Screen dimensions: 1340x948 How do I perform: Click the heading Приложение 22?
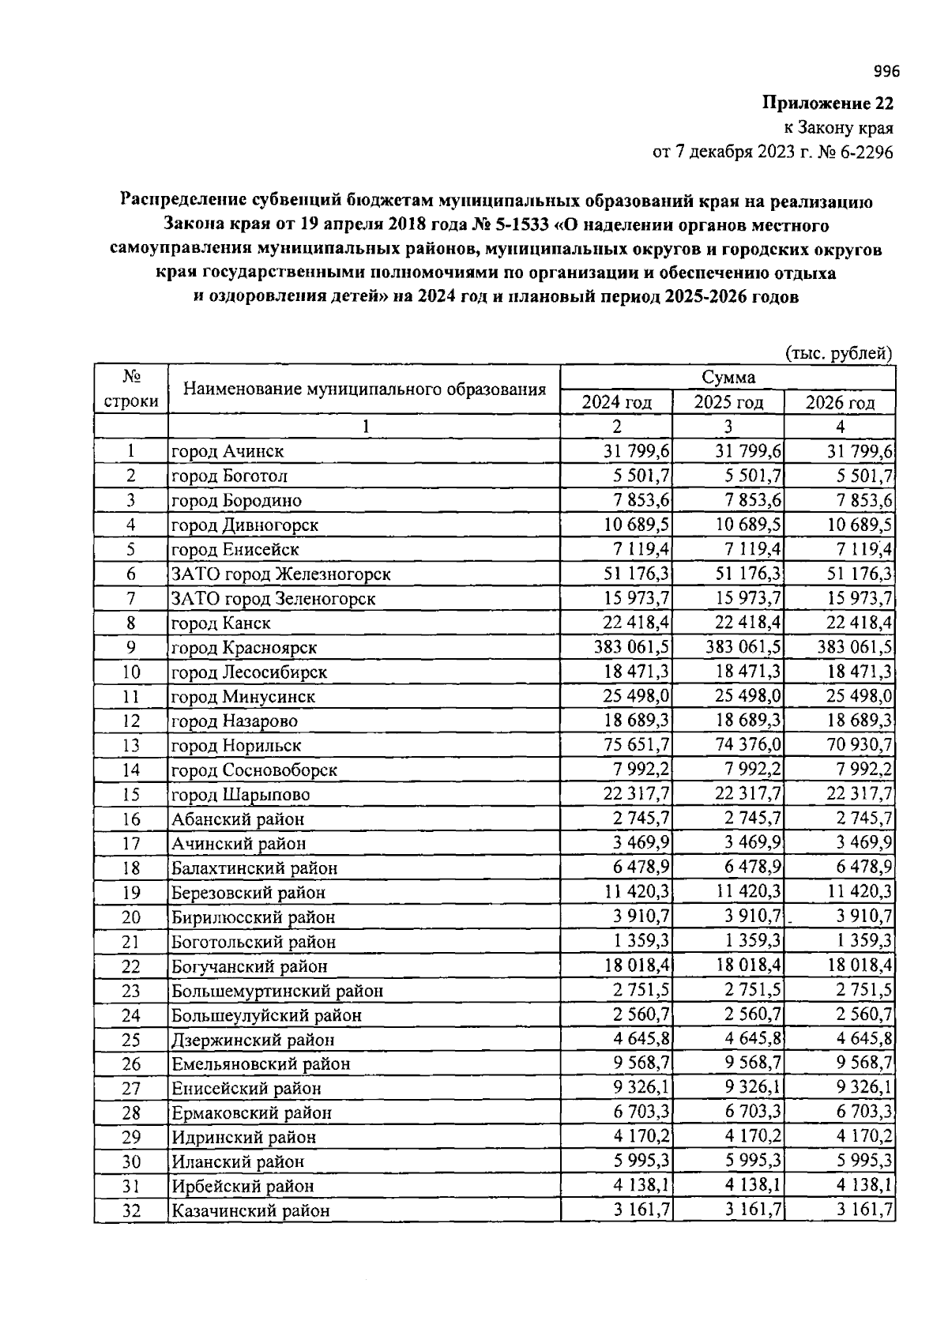(x=827, y=103)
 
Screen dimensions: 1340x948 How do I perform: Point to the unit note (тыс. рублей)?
(x=838, y=353)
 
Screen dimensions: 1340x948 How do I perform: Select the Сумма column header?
(x=728, y=378)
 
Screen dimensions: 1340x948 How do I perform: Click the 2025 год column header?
(x=728, y=402)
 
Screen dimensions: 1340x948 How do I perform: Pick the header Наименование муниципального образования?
(x=364, y=390)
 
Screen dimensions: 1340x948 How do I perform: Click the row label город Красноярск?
(x=244, y=648)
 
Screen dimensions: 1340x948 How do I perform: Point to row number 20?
(x=131, y=917)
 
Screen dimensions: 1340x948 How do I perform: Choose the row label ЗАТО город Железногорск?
(x=280, y=574)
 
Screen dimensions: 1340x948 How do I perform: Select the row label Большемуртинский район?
(x=277, y=991)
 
